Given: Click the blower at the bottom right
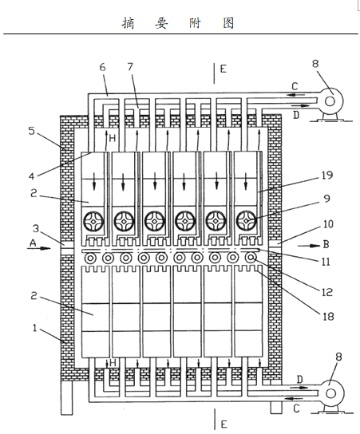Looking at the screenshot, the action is point(330,393).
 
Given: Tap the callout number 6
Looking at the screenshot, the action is point(102,67).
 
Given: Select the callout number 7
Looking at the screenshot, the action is point(130,67).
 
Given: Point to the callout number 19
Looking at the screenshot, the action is point(327,176).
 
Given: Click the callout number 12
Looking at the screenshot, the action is point(326,292).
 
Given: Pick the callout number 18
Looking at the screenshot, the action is point(328,316).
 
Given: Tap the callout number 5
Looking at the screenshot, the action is point(32,131).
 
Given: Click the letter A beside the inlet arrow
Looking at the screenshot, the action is point(33,243).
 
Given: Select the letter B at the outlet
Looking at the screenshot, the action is point(326,244).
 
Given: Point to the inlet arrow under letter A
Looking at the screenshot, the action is point(39,248).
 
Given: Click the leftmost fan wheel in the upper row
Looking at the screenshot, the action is point(93,221).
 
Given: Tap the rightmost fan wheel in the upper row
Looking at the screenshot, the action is point(246,221).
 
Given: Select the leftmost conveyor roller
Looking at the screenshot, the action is point(90,258).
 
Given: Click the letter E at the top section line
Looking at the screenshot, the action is point(223,69).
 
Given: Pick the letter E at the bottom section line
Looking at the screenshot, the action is point(224,424).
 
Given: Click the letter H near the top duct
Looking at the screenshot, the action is point(113,138).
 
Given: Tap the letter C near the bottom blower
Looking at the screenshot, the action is point(296,408).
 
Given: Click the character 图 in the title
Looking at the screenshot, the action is point(229,23).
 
